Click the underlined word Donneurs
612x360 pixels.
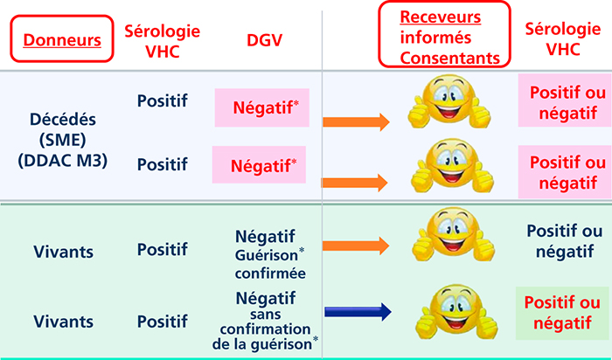coord(62,40)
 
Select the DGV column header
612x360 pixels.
coord(264,40)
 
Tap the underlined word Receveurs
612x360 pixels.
coord(441,17)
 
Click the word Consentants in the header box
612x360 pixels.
coord(450,59)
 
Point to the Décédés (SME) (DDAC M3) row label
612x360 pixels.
coord(62,141)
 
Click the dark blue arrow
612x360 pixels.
coord(358,312)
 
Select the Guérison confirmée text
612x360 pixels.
coord(270,264)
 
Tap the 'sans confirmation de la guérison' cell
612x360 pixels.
coord(266,329)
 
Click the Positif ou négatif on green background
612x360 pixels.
coord(562,313)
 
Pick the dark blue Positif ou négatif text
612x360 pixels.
coord(565,241)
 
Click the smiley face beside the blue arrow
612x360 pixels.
coord(456,313)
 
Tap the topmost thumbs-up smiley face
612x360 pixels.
coord(449,101)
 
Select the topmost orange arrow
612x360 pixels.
coord(357,122)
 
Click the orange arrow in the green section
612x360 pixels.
coord(356,246)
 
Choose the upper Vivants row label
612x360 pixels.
coord(63,252)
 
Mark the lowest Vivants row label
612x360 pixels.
coord(63,322)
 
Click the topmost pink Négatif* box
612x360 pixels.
coord(262,107)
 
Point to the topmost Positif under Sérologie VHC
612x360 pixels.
coord(162,101)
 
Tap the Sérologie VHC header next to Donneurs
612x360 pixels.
coord(162,41)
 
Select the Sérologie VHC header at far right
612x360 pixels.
coord(562,39)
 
